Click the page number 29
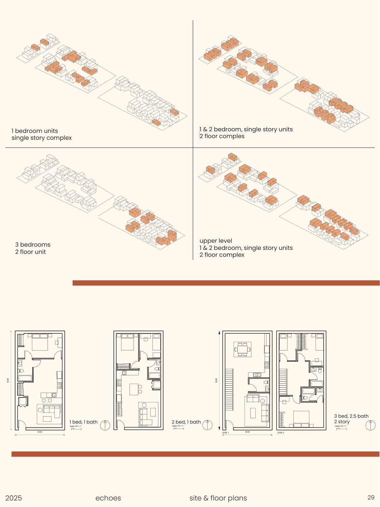pos(371,497)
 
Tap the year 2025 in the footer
pos(14,498)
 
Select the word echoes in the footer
pos(108,498)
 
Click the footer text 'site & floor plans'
pos(218,498)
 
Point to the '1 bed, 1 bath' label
pos(83,422)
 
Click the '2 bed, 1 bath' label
pos(186,422)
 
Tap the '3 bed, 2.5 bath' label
pos(351,416)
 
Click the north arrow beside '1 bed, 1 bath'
pos(105,425)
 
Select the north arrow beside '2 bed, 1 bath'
pos(207,425)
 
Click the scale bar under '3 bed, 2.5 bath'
pos(341,429)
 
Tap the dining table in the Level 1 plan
pos(243,350)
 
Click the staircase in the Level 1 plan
pos(229,389)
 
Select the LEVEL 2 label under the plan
pos(281,433)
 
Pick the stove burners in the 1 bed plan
pos(60,385)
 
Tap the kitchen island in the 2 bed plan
pos(134,389)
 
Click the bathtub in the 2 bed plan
pos(154,375)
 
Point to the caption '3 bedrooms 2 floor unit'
pos(33,248)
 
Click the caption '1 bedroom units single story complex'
pos(41,134)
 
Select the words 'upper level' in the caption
pos(216,241)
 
